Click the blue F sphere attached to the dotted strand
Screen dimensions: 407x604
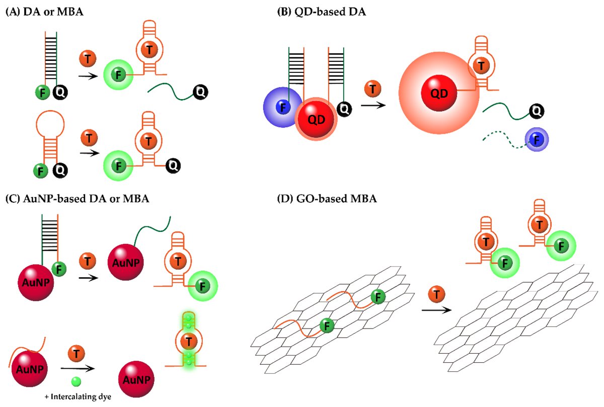point(536,138)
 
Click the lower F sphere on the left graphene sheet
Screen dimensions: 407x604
point(327,327)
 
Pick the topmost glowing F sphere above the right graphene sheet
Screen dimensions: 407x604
point(560,246)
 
